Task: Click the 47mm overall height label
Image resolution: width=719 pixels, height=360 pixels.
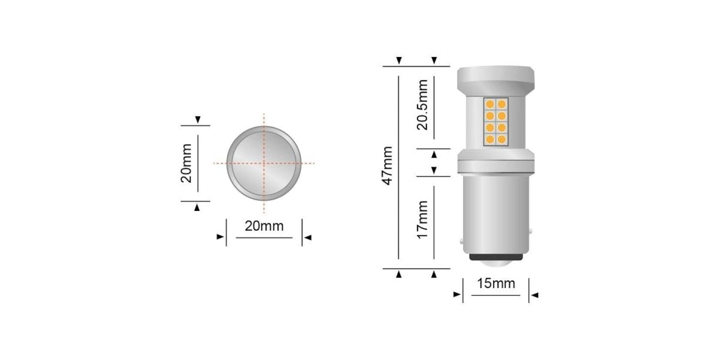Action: point(388,165)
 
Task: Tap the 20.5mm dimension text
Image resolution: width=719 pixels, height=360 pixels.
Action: point(423,104)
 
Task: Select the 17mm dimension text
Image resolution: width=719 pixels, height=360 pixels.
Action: point(423,220)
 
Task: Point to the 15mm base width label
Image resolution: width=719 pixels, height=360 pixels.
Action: point(496,283)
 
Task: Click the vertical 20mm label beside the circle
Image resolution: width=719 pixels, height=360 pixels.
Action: point(186,162)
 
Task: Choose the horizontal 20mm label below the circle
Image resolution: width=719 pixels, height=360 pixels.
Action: point(264,226)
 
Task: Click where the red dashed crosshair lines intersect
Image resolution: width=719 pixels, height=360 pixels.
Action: point(264,162)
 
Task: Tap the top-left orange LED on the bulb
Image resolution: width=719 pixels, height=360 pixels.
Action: point(490,104)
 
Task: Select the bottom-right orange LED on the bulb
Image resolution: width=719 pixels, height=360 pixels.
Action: point(502,140)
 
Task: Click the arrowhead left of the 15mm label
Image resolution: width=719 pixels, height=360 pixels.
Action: point(457,295)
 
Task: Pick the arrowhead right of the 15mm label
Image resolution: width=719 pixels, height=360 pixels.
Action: point(534,295)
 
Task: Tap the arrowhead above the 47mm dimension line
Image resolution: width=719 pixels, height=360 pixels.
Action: point(399,60)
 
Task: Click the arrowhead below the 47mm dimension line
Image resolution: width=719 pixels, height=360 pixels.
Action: point(399,274)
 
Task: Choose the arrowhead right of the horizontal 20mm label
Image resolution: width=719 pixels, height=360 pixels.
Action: point(307,238)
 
